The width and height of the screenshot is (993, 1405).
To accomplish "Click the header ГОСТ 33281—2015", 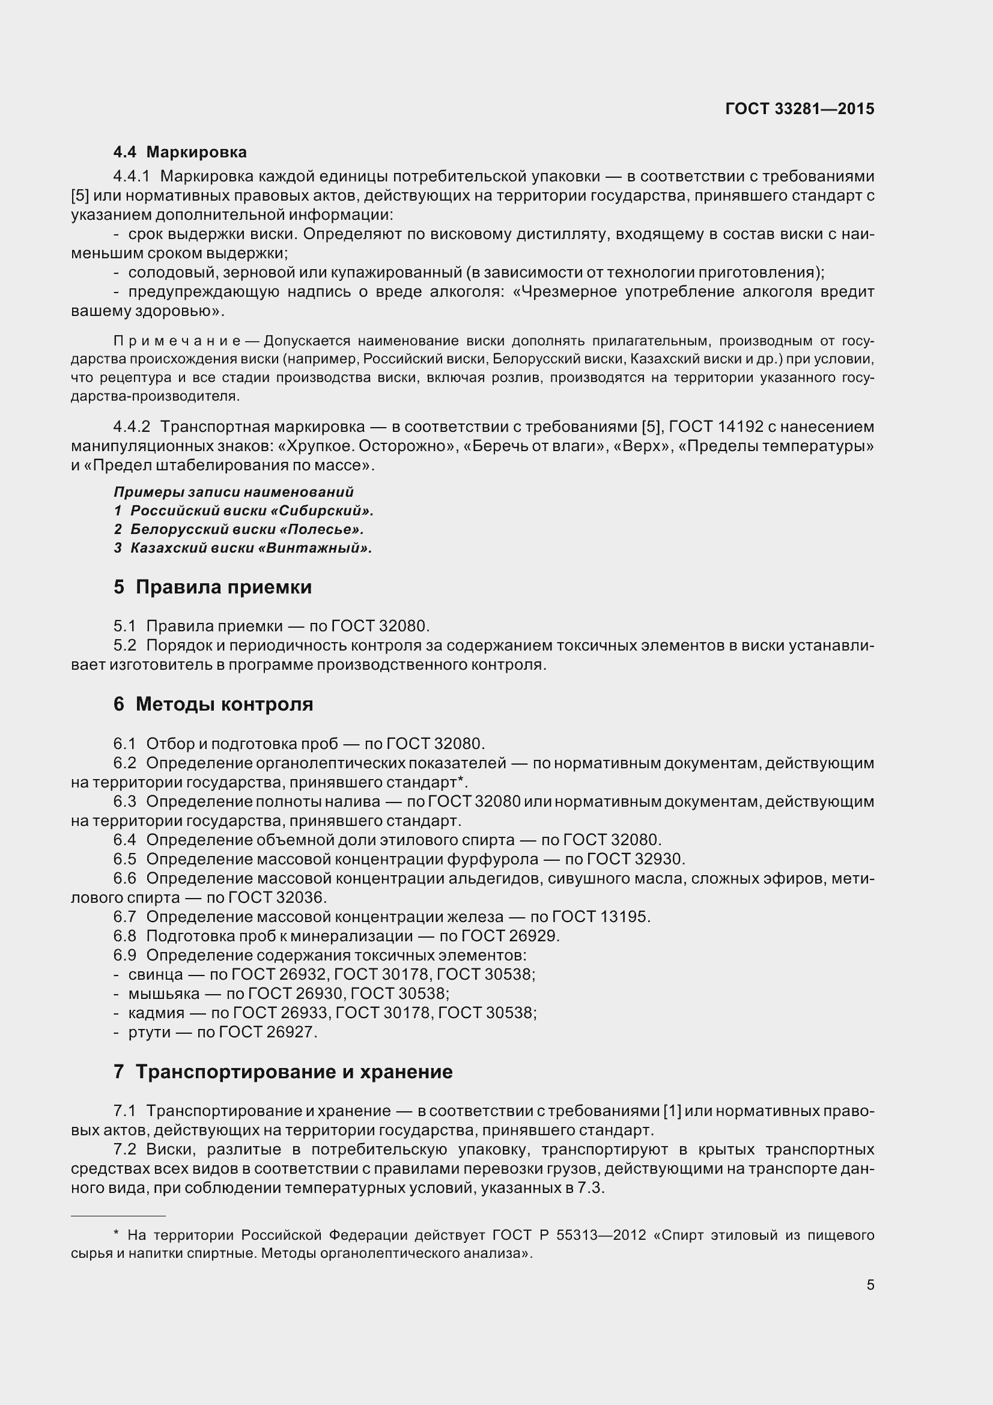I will (x=799, y=109).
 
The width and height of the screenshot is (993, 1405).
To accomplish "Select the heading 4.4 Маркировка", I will (x=180, y=152).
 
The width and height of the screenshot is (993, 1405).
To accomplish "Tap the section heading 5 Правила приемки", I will (x=212, y=587).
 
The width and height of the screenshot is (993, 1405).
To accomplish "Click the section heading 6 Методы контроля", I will (x=213, y=705).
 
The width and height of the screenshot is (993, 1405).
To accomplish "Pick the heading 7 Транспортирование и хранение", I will (x=283, y=1072).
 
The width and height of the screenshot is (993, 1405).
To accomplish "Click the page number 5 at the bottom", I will (x=870, y=1285).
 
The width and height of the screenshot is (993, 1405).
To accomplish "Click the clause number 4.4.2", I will (x=132, y=426).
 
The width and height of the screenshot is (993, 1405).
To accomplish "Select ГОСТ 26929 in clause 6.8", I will (x=510, y=936).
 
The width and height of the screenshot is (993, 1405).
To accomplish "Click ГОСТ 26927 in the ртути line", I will (x=267, y=1032).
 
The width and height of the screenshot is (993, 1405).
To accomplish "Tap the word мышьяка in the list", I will (x=164, y=993).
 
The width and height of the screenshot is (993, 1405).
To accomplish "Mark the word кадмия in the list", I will (x=156, y=1013).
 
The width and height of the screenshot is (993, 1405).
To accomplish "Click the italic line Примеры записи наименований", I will (x=234, y=492).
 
